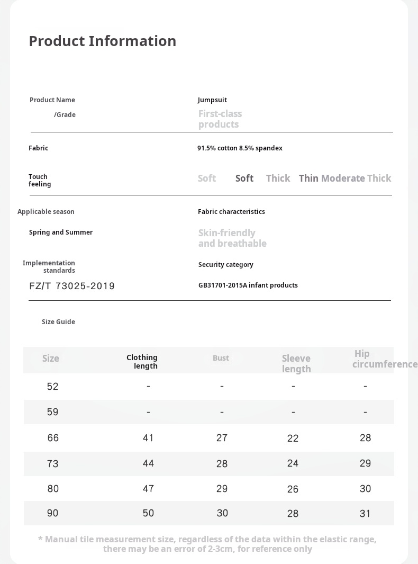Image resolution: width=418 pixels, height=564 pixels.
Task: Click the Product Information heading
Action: coord(102,41)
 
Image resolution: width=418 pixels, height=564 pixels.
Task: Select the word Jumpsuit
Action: coord(212,100)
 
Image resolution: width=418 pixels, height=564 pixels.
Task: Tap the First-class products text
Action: coord(220,119)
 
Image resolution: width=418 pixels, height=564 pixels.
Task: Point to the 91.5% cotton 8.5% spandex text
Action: coord(240,148)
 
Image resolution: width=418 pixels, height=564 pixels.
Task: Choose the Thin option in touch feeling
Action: coord(308,178)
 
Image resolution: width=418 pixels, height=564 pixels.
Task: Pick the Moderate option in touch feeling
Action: coord(343,178)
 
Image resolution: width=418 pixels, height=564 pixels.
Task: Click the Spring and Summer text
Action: coord(61,232)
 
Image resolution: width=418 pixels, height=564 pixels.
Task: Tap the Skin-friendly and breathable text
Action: coord(232,238)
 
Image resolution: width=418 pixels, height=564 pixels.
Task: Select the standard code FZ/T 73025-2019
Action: coord(72,286)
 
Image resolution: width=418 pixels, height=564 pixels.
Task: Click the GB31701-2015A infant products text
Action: coord(248,285)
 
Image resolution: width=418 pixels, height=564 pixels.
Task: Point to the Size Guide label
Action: coord(58,322)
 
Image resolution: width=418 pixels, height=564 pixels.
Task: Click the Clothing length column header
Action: coord(142,362)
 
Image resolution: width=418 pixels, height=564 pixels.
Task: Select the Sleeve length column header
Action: coord(296,364)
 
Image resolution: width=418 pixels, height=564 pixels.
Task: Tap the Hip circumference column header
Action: coord(385,359)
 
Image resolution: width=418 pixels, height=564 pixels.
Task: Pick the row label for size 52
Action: coord(52,387)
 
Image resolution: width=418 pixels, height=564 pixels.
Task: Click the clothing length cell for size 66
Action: coord(148,438)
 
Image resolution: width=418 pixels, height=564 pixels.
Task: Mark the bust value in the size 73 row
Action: coord(222,464)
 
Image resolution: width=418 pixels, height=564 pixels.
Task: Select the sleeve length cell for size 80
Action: coord(293,489)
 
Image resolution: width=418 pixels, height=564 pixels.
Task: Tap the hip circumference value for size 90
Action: coord(365,514)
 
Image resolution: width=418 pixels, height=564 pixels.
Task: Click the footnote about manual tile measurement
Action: coord(207,544)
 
